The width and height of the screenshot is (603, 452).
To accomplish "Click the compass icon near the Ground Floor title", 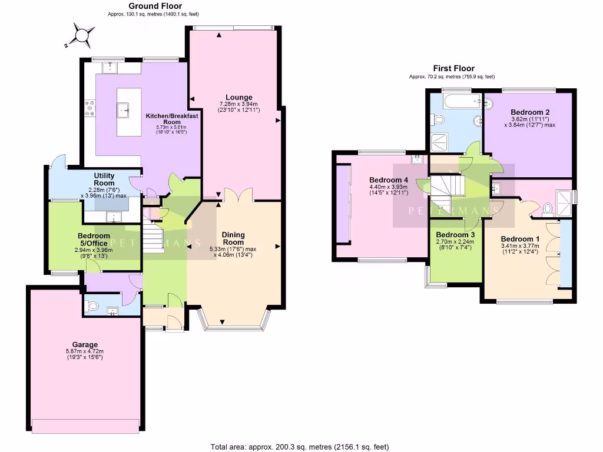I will click(x=81, y=36).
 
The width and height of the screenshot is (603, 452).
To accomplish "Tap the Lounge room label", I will click(x=238, y=97).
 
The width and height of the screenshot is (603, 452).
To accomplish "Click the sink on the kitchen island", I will click(x=125, y=109).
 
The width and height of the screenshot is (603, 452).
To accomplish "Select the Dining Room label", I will click(x=233, y=238).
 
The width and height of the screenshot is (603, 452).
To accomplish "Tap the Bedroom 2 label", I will click(x=530, y=112).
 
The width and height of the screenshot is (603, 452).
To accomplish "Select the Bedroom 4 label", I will click(x=388, y=180).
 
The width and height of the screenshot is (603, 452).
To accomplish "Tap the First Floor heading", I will click(x=453, y=68).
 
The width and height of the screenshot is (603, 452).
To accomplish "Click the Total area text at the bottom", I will click(x=300, y=447).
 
